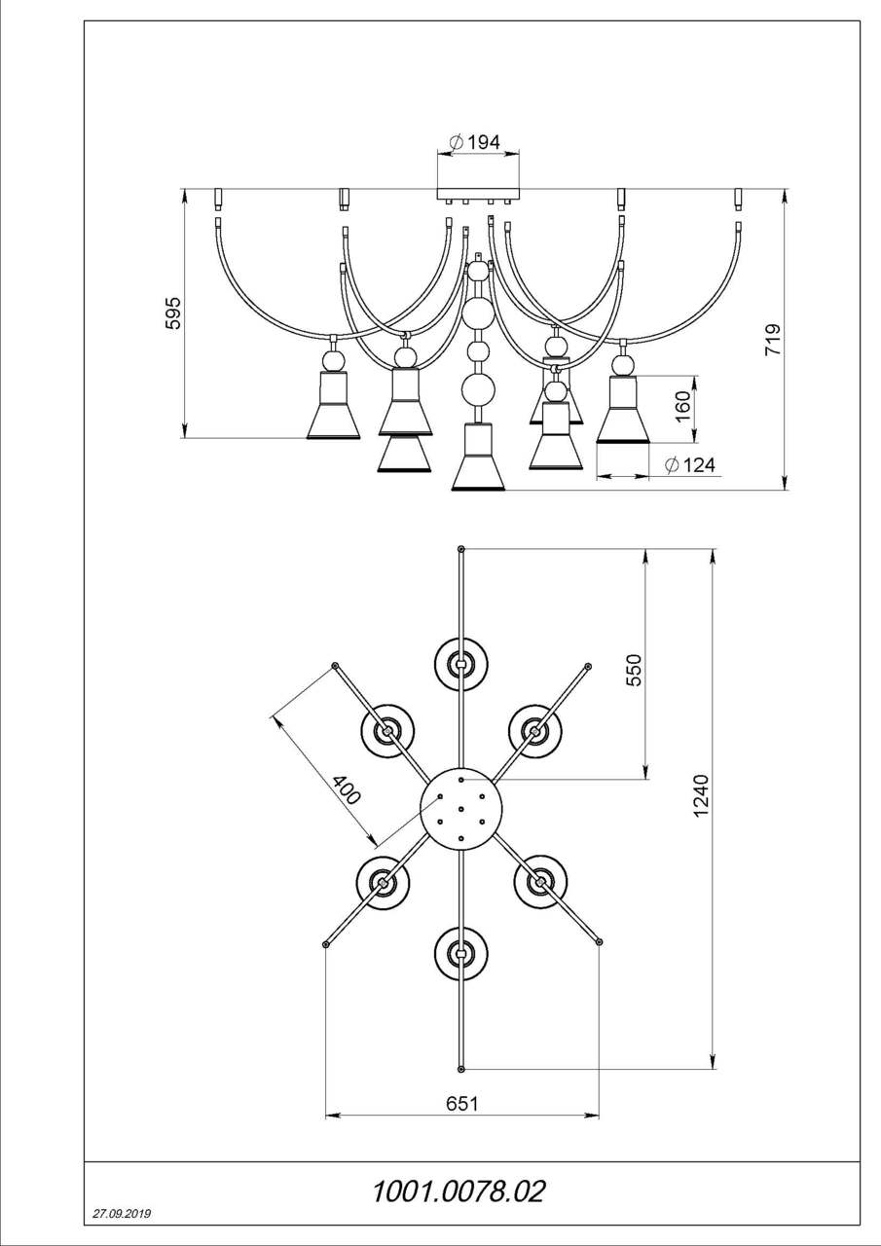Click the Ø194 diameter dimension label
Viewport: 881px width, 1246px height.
point(475,142)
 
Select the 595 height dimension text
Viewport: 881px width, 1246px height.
point(173,313)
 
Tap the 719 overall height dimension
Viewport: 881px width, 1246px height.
point(772,340)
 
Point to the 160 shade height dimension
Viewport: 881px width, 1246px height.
point(683,403)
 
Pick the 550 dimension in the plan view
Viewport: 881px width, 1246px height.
point(634,671)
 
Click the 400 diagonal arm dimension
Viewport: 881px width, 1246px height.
point(346,789)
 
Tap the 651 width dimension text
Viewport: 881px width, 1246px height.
point(461,1103)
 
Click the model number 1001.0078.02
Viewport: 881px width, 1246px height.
point(459,1191)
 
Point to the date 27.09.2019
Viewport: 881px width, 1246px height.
point(122,1215)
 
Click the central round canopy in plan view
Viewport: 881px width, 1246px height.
point(460,808)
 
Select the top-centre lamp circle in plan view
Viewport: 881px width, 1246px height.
point(460,664)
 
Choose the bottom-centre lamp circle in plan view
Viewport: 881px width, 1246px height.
point(460,953)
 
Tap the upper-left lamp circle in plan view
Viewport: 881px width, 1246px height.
point(388,730)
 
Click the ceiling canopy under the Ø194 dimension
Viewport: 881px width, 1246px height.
point(477,194)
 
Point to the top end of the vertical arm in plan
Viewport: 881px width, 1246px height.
point(461,550)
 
